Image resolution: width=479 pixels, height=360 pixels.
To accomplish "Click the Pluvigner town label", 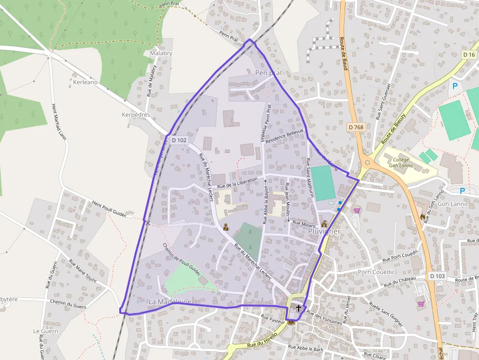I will pos(325,232).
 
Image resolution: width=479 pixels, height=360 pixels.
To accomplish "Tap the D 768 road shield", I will pos(356,127).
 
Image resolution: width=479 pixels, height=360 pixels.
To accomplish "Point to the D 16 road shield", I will pos(469,54).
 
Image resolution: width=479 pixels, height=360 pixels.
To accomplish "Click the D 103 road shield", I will pos(437,276).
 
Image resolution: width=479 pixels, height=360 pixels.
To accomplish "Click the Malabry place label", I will pos(161,53).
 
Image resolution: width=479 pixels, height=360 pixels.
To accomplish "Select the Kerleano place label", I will pos(85,82).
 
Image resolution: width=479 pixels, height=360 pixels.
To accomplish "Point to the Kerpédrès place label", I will pos(135,115).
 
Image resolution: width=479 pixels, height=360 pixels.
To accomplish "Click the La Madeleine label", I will pos(170,302).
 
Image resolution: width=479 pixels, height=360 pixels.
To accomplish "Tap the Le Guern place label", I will pos(45,331).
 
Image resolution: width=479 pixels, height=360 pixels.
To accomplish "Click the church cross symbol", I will pos(298,308).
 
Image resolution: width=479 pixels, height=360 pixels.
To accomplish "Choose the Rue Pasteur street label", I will pos(272,318).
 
